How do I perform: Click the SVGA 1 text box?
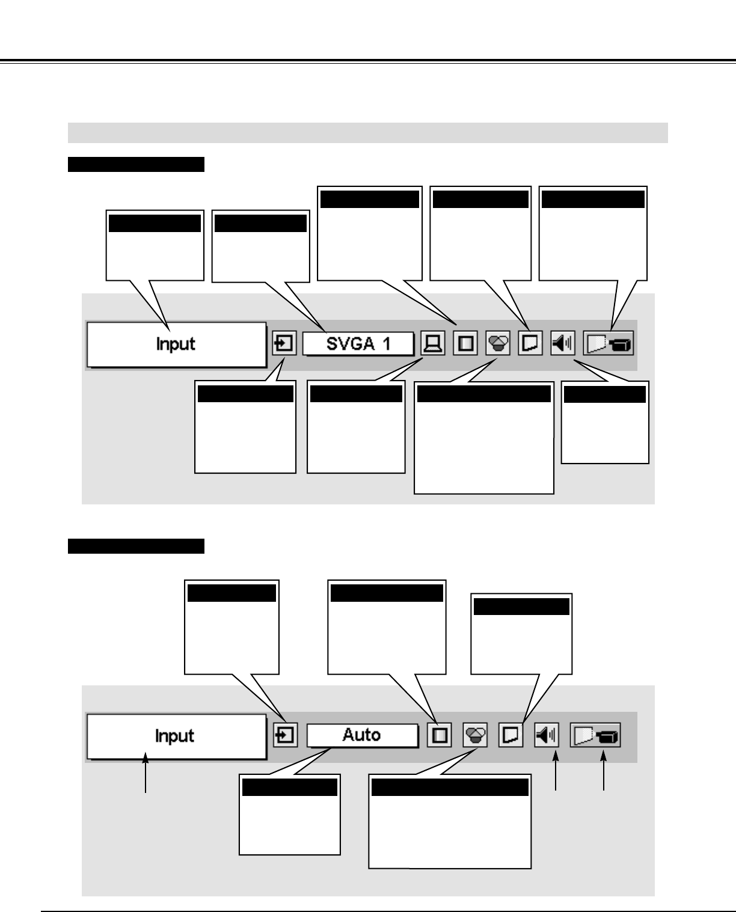click(x=358, y=344)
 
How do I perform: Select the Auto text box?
click(x=362, y=735)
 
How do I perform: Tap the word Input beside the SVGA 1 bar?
click(x=176, y=344)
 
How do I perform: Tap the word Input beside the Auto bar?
click(x=175, y=736)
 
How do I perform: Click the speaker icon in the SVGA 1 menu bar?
click(x=563, y=344)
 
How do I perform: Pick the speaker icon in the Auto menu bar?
click(x=546, y=735)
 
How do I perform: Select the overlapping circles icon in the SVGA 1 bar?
click(x=497, y=344)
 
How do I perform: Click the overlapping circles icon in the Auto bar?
click(x=475, y=735)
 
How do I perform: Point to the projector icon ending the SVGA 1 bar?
click(x=609, y=344)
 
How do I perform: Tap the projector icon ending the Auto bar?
click(x=595, y=735)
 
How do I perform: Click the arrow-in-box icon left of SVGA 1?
click(x=284, y=344)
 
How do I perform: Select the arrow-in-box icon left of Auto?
click(x=285, y=735)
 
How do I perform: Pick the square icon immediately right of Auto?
click(x=440, y=735)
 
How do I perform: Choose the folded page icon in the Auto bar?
click(x=511, y=735)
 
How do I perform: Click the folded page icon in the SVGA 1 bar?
click(x=530, y=344)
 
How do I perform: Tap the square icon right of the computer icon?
click(x=465, y=344)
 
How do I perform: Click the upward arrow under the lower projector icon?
click(x=604, y=776)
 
